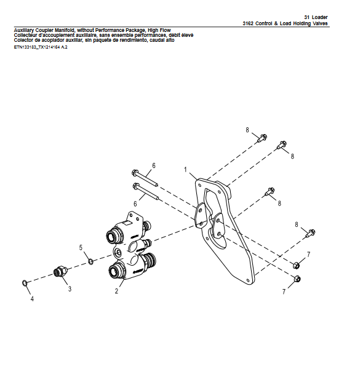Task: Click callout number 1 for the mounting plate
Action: pos(186,169)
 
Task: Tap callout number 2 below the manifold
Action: pos(116,291)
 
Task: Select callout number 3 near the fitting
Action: pos(70,288)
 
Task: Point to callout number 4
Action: pos(32,299)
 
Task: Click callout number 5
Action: pos(81,247)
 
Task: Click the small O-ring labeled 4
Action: pos(25,283)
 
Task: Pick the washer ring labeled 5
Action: pos(90,261)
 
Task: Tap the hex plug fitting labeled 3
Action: pos(60,271)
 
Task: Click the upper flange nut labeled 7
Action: pos(296,266)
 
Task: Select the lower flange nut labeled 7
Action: pos(297,279)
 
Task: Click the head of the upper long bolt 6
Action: pos(135,173)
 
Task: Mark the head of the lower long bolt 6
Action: pos(136,186)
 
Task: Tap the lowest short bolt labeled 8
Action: pos(311,233)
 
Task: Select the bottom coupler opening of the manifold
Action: pos(114,271)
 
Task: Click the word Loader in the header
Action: pos(319,17)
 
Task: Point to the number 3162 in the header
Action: pos(247,23)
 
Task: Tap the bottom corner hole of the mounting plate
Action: pos(247,280)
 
